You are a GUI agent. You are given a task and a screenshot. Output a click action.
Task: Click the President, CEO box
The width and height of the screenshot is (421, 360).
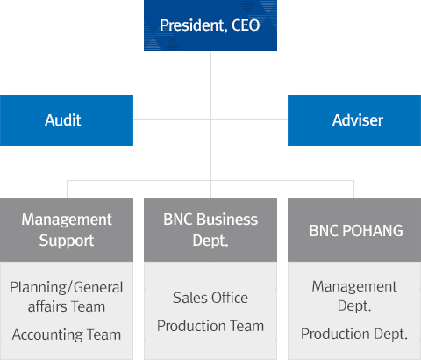click(210, 25)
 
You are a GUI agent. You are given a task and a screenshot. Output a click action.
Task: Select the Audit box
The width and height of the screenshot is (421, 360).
click(67, 120)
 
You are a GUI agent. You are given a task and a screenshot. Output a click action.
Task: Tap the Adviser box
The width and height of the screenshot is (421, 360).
click(354, 120)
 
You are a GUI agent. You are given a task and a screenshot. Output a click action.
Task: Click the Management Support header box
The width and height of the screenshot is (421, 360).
click(67, 230)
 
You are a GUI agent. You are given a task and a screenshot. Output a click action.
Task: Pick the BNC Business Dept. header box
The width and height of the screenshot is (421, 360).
click(210, 230)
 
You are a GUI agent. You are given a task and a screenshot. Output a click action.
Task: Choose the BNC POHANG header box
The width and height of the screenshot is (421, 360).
click(354, 230)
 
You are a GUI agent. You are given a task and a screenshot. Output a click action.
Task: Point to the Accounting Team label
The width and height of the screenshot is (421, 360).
click(67, 335)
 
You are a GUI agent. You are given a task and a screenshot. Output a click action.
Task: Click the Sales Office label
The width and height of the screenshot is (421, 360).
click(210, 298)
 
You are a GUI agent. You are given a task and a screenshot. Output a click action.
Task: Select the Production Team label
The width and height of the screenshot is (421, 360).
click(210, 326)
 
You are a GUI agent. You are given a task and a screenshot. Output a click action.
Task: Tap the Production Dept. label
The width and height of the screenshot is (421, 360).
click(354, 334)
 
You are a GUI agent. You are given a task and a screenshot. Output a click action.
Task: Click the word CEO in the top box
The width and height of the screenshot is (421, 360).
click(246, 25)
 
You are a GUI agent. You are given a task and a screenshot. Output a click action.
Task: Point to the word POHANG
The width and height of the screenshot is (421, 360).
click(373, 231)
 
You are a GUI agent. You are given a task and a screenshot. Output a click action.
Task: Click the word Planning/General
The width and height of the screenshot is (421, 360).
click(67, 287)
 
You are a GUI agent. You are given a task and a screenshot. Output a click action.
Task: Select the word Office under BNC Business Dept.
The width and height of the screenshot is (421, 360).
click(230, 298)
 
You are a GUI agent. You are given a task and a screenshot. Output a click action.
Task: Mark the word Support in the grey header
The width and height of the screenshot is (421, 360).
click(67, 241)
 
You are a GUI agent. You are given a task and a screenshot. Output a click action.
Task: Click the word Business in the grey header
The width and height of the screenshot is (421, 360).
click(227, 220)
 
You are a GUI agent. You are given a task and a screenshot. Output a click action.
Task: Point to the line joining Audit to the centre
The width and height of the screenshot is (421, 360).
click(172, 119)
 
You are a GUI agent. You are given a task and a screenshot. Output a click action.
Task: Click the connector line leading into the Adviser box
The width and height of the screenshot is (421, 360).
click(249, 119)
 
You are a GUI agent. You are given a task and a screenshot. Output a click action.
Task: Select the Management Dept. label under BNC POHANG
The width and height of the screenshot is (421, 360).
click(354, 296)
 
